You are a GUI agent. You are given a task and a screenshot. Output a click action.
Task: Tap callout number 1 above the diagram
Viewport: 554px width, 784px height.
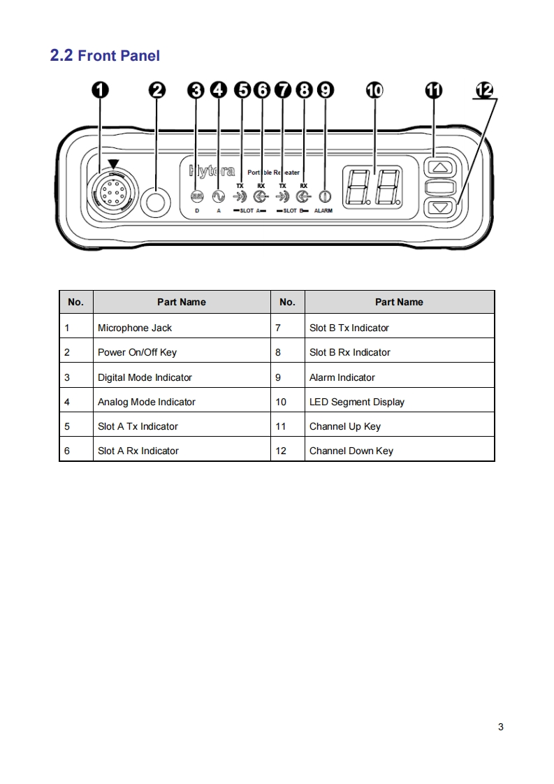[101, 90]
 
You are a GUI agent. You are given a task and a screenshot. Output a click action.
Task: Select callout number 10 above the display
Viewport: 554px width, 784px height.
[374, 90]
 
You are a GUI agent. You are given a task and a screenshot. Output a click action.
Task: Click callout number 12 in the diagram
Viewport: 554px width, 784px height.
[484, 90]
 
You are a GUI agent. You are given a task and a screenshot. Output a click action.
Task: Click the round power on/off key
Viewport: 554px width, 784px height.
[155, 203]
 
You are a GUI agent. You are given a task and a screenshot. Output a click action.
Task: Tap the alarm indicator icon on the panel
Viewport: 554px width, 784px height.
[324, 196]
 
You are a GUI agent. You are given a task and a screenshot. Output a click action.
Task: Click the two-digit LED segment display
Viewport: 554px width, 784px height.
[372, 187]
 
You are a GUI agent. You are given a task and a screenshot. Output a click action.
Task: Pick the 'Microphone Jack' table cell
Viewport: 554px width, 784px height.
[135, 328]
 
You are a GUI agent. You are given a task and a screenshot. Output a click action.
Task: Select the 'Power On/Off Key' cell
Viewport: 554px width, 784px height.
[137, 352]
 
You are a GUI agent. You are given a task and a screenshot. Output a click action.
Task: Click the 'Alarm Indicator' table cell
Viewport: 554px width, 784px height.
[342, 377]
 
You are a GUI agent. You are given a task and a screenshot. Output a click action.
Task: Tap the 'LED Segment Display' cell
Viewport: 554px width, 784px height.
[357, 402]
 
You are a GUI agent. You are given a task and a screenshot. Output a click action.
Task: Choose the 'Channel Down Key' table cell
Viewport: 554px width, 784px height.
[351, 451]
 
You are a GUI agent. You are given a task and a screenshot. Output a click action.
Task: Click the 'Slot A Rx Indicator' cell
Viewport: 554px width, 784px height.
[138, 451]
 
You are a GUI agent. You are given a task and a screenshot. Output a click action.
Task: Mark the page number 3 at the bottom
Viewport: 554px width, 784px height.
[500, 727]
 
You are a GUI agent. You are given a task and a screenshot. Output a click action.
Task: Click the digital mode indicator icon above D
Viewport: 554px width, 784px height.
[197, 196]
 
